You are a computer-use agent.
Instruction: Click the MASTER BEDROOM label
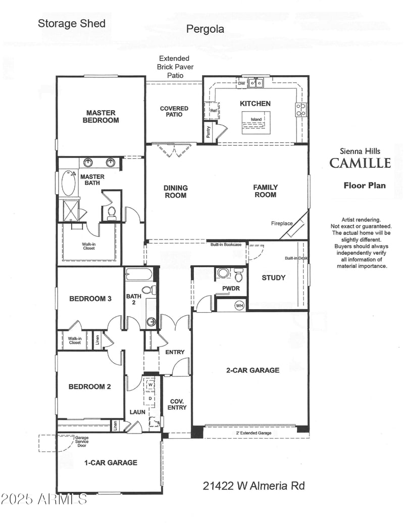[x=100, y=117]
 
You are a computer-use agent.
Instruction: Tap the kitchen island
[x=256, y=122]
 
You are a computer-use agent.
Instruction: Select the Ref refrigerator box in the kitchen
[x=213, y=110]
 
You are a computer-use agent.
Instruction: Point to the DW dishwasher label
[x=241, y=83]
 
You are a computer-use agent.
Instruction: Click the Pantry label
[x=209, y=132]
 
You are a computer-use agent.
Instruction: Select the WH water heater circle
[x=239, y=305]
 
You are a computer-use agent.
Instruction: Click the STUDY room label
[x=274, y=277]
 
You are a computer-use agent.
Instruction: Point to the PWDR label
[x=230, y=289]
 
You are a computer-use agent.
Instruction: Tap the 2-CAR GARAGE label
[x=252, y=370]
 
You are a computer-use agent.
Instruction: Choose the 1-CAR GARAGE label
[x=110, y=462]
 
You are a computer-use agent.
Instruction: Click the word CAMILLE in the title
[x=360, y=163]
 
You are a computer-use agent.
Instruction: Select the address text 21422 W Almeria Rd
[x=254, y=486]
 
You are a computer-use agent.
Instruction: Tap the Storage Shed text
[x=72, y=23]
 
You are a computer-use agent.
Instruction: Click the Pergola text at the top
[x=205, y=29]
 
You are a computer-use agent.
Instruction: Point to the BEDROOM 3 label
[x=90, y=299]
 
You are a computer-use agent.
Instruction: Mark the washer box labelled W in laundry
[x=150, y=386]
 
